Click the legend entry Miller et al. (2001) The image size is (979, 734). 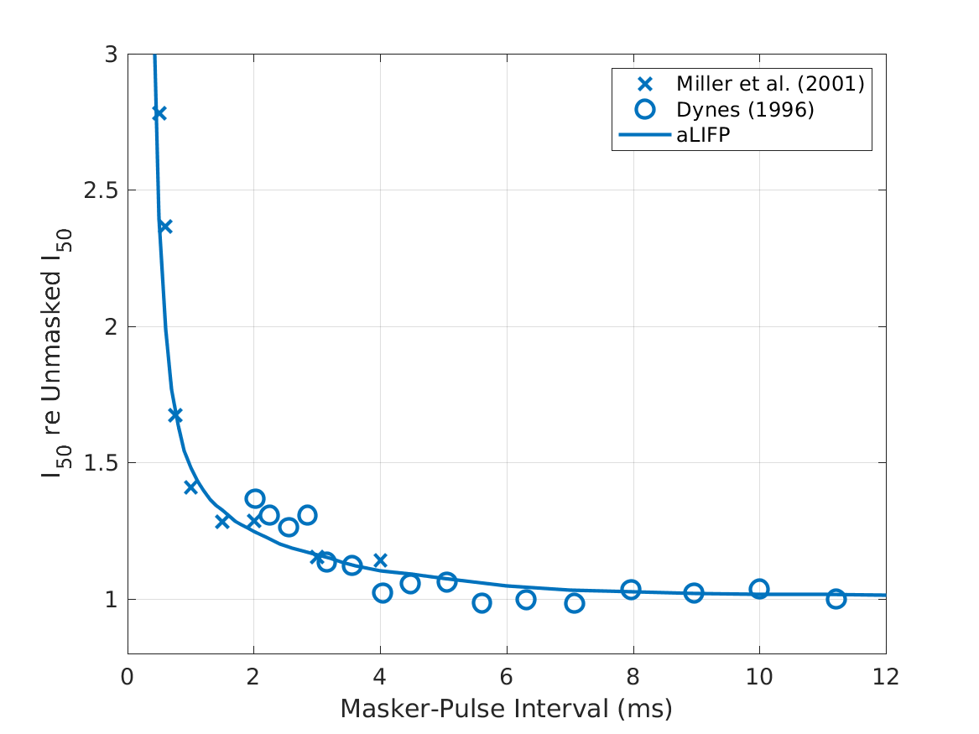tap(770, 84)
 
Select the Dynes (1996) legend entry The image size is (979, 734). tap(746, 109)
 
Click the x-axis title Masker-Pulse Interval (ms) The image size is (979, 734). tap(506, 710)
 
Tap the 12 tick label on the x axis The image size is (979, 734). tap(886, 676)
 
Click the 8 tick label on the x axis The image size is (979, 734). tap(633, 676)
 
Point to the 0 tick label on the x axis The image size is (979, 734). tap(128, 676)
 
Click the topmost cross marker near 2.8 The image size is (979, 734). tap(159, 113)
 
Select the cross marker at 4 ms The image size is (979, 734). tap(380, 560)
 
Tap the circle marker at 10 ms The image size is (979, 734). tap(759, 589)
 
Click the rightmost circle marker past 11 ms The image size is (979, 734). tap(836, 599)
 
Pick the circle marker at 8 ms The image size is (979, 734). tap(631, 590)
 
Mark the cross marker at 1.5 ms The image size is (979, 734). tap(222, 522)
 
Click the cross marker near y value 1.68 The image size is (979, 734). tap(175, 415)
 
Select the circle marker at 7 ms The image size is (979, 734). tap(574, 603)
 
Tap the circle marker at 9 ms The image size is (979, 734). tap(694, 593)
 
